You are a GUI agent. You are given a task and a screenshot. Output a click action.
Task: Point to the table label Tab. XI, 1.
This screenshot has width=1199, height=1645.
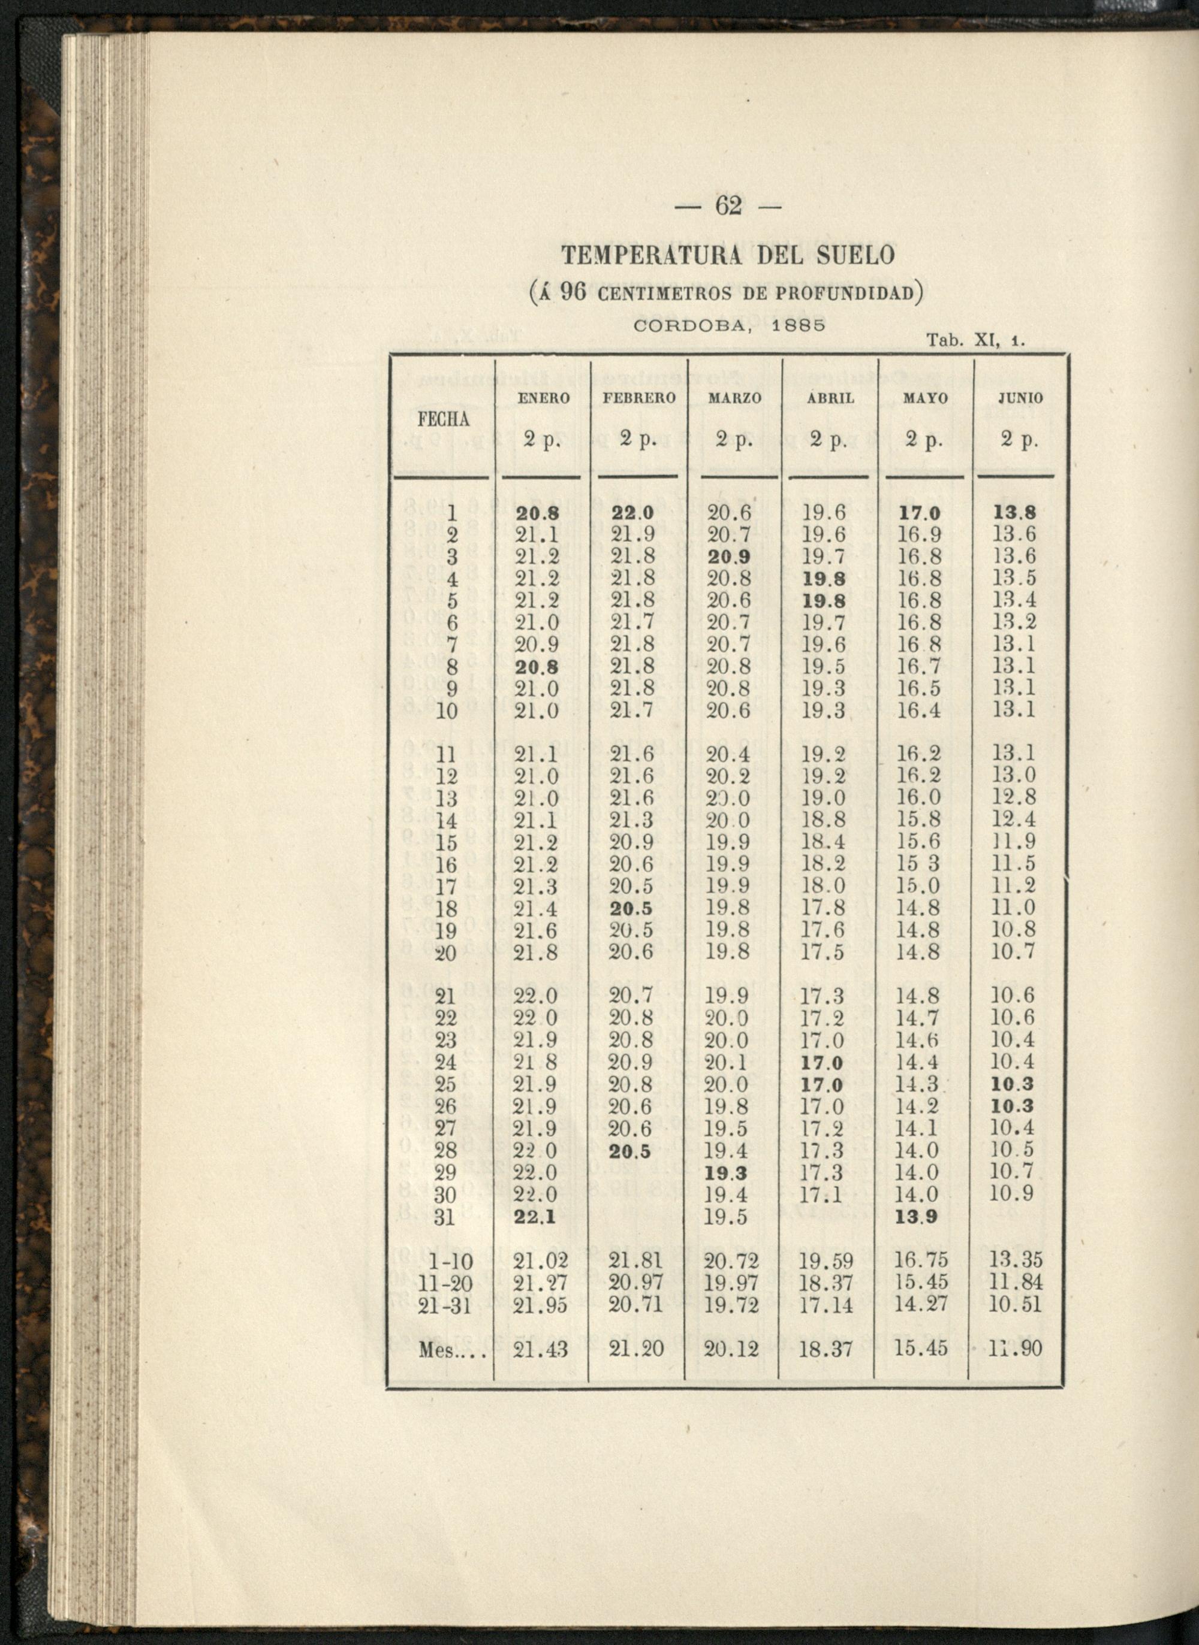pyautogui.click(x=975, y=340)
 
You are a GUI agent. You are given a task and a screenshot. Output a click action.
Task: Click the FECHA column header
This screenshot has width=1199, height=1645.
pyautogui.click(x=444, y=420)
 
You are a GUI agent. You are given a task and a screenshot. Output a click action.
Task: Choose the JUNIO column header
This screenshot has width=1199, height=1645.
pyautogui.click(x=1020, y=398)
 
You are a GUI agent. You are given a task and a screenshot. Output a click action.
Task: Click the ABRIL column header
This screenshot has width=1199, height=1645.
pyautogui.click(x=832, y=398)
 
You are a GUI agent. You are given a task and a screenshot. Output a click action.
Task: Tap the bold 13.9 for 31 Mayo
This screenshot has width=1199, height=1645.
pyautogui.click(x=917, y=1217)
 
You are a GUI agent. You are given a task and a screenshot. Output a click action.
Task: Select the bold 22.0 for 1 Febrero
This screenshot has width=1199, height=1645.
pyautogui.click(x=633, y=513)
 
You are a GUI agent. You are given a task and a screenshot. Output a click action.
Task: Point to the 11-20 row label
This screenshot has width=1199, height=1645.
pyautogui.click(x=447, y=1284)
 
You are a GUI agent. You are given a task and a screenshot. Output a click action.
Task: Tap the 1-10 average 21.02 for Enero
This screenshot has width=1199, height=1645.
pyautogui.click(x=537, y=1262)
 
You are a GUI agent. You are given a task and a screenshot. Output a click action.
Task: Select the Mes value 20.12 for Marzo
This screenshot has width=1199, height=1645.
pyautogui.click(x=731, y=1349)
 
